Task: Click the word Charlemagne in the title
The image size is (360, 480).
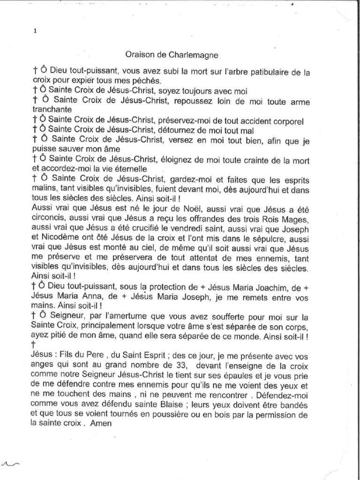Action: pyautogui.click(x=198, y=55)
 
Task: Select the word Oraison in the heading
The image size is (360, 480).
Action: pyautogui.click(x=140, y=55)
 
